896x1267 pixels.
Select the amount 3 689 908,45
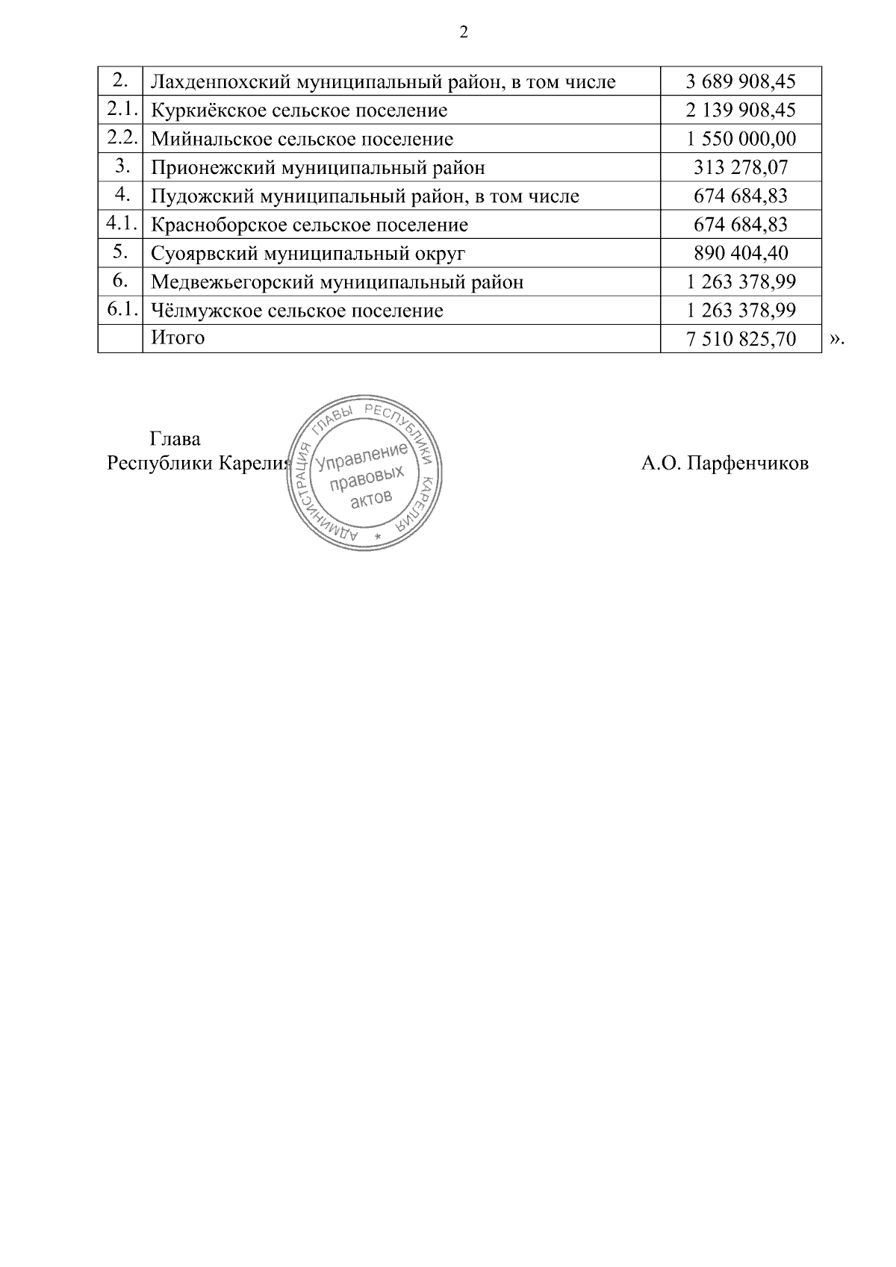pyautogui.click(x=741, y=81)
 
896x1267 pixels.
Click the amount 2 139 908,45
pyautogui.click(x=741, y=110)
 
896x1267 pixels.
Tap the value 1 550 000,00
pyautogui.click(x=741, y=139)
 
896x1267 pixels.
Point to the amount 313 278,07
pyautogui.click(x=741, y=167)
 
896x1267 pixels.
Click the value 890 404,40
pyautogui.click(x=741, y=253)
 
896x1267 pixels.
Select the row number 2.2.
pyautogui.click(x=120, y=137)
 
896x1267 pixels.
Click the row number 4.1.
pyautogui.click(x=120, y=223)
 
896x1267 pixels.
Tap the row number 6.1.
pyautogui.click(x=120, y=309)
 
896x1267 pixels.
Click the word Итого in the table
pyautogui.click(x=178, y=337)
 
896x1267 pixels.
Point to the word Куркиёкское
pyautogui.click(x=206, y=110)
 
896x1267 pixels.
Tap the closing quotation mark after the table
pyautogui.click(x=836, y=340)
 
